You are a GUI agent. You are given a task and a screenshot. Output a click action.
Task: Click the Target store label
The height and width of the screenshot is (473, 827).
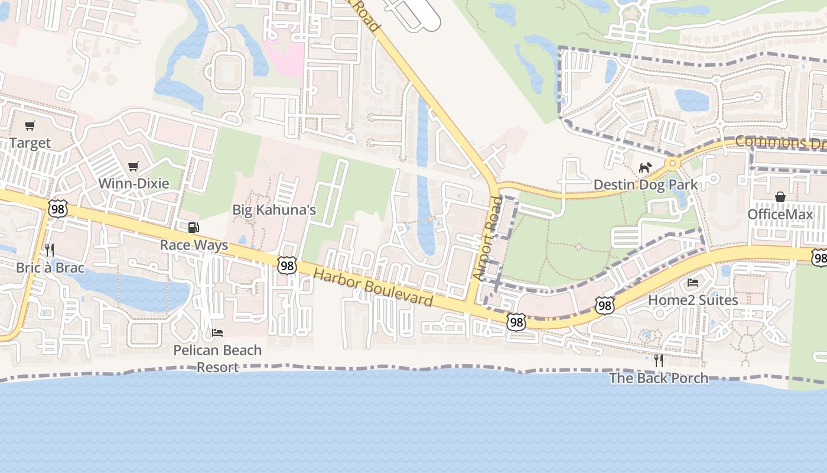point(30,143)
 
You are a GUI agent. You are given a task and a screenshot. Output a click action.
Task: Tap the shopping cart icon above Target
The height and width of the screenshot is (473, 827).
point(30,125)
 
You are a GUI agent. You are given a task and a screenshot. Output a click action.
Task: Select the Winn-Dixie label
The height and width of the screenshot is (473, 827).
point(134,183)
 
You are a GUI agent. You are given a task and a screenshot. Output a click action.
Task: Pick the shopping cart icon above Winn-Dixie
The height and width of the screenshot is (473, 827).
point(134,166)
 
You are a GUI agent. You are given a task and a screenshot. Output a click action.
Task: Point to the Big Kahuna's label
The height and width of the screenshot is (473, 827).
point(274,209)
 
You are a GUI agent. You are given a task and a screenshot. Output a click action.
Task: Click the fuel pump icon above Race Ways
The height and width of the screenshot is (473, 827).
point(193,228)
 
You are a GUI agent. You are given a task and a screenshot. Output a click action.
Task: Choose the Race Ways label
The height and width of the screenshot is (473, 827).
point(194,245)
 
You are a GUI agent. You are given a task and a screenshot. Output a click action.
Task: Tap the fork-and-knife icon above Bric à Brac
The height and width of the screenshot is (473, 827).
point(50,250)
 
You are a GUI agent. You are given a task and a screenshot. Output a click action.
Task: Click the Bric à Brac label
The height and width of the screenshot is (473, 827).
point(50,268)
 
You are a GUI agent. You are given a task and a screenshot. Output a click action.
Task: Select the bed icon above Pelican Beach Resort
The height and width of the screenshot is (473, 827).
point(217,333)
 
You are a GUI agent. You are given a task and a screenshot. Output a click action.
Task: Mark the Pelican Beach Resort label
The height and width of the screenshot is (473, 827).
point(217,358)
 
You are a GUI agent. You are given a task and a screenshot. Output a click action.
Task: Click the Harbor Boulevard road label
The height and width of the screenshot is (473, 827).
point(373,288)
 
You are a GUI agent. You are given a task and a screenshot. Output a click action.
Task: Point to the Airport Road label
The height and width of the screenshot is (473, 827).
point(487,238)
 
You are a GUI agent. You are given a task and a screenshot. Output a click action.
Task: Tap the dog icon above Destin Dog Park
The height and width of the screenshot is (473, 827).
point(645,168)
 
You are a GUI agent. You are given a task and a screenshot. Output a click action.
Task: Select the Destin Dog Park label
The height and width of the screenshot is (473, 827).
point(646,184)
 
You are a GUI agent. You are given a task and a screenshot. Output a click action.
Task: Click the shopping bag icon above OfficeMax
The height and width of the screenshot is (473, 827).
point(780,197)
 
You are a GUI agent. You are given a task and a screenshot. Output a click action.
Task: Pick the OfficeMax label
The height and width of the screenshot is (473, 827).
point(780,214)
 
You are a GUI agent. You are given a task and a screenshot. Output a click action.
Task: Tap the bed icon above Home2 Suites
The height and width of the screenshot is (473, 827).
point(693,283)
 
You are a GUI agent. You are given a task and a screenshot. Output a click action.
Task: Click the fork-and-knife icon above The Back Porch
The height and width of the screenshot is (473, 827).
point(658,360)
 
